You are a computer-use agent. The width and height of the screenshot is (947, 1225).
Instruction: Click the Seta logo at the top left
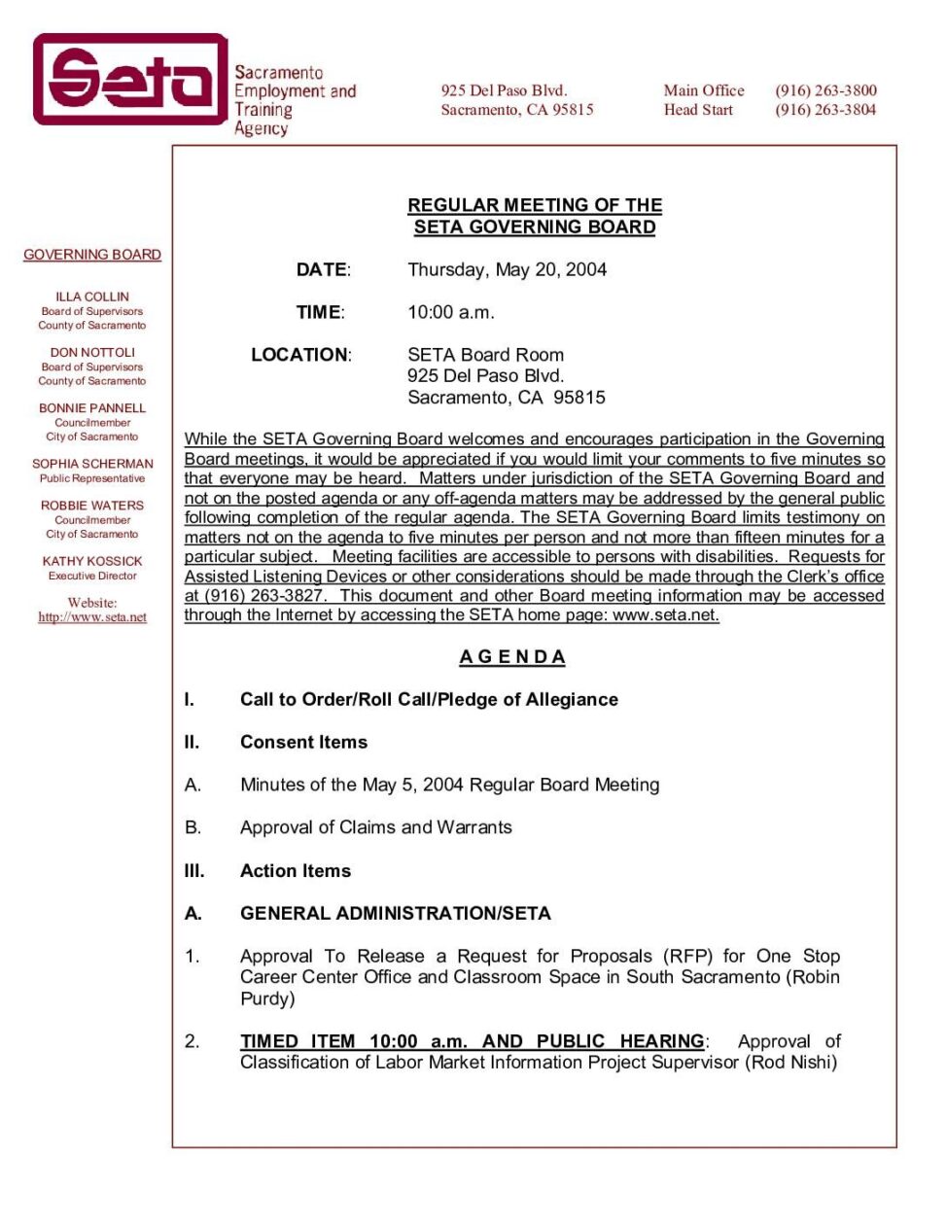[130, 80]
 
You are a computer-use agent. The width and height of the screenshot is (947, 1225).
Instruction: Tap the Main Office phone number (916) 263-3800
[825, 90]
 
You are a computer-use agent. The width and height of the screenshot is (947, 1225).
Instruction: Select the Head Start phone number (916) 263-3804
[825, 110]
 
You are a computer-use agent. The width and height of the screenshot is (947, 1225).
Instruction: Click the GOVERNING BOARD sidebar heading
[92, 255]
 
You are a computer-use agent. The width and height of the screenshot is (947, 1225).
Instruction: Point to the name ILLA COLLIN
[92, 297]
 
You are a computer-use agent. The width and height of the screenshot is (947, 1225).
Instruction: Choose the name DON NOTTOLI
[92, 352]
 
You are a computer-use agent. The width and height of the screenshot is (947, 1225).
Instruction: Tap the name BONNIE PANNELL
[92, 408]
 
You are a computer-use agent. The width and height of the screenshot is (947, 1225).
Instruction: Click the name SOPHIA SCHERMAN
[92, 464]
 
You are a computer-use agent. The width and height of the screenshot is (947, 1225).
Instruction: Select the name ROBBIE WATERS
[92, 506]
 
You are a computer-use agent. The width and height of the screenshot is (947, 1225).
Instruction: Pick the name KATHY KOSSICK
[92, 561]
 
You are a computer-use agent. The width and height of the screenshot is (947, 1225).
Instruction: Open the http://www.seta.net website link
[92, 617]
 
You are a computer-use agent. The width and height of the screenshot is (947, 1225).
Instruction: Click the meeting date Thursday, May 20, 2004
[507, 269]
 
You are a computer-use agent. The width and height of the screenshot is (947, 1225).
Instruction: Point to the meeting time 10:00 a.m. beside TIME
[451, 312]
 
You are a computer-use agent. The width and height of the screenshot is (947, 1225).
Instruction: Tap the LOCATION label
[300, 355]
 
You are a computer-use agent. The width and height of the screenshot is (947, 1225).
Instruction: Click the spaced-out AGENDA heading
[512, 657]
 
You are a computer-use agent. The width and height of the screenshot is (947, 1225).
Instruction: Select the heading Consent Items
[303, 742]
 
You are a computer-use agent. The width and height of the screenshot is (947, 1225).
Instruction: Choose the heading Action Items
[296, 871]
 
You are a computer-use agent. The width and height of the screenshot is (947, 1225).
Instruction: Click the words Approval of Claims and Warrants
[375, 827]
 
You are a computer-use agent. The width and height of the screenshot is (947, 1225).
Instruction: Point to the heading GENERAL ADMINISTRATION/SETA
[395, 913]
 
